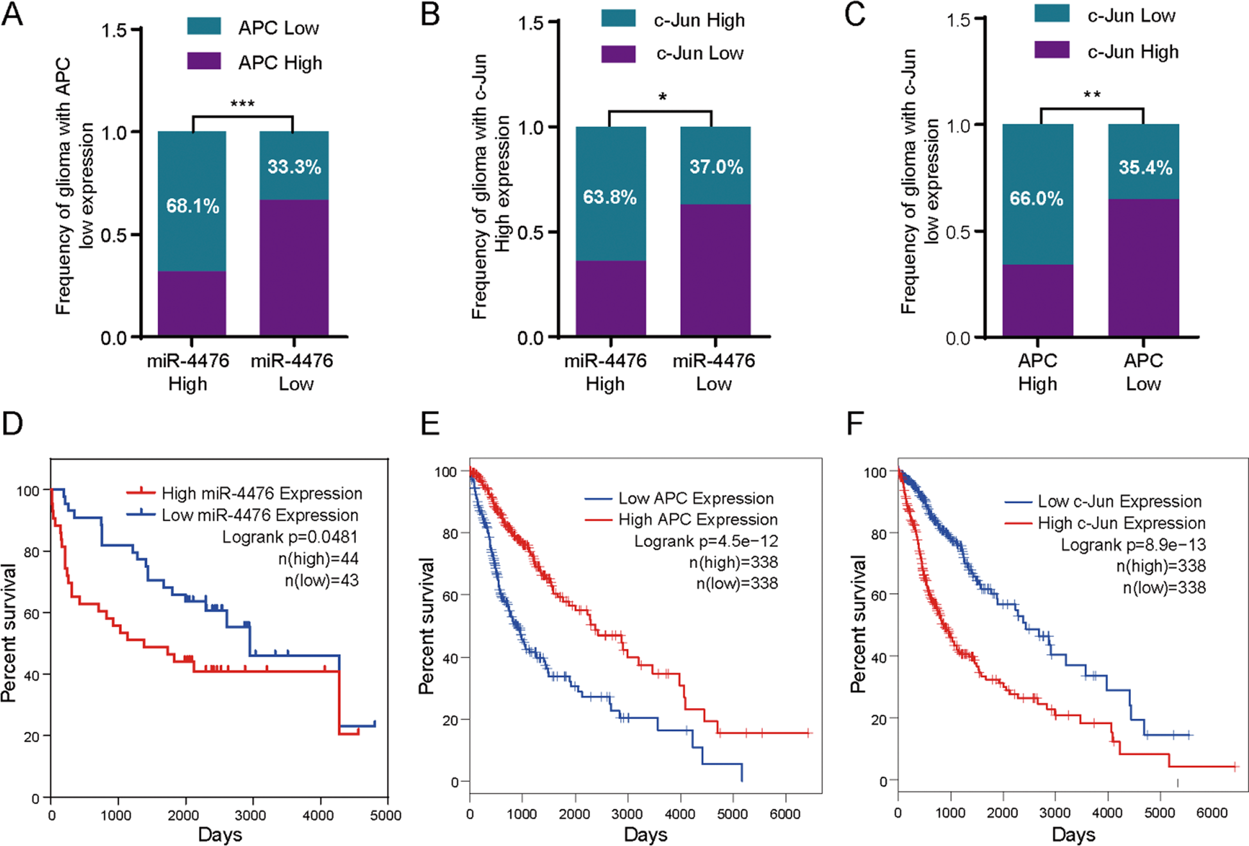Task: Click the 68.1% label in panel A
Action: [x=192, y=206]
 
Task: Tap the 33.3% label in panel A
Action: [x=294, y=167]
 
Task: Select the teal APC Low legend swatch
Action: [x=204, y=26]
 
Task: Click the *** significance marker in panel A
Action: [x=242, y=104]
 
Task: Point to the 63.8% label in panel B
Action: [x=609, y=197]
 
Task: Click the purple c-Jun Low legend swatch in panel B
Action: [x=618, y=54]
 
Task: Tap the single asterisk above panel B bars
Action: [x=662, y=98]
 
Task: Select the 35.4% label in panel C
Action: [x=1145, y=168]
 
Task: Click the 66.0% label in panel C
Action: [x=1036, y=199]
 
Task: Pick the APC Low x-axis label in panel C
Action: [x=1143, y=372]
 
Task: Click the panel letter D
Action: [x=13, y=424]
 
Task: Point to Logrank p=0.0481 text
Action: [x=290, y=537]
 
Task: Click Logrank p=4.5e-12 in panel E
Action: [x=706, y=541]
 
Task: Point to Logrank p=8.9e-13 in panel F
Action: [x=1133, y=545]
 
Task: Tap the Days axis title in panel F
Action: [x=1073, y=834]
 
